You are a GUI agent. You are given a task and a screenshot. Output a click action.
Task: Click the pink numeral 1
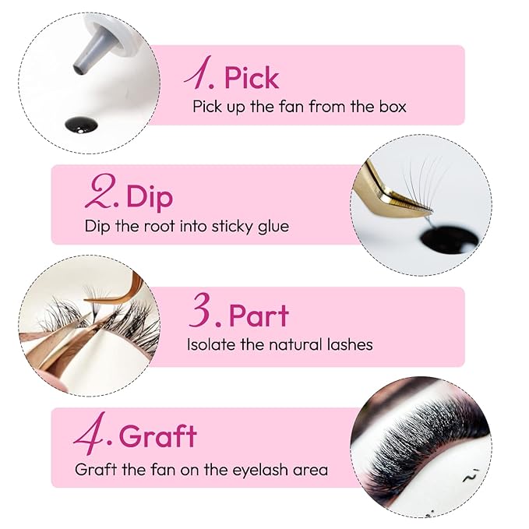[198, 76]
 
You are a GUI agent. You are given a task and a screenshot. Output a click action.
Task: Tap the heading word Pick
[251, 77]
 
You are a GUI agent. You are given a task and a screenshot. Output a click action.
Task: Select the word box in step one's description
[389, 107]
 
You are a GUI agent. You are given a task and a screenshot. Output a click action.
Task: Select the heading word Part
[259, 315]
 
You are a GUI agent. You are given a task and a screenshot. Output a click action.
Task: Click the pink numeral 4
[92, 436]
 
